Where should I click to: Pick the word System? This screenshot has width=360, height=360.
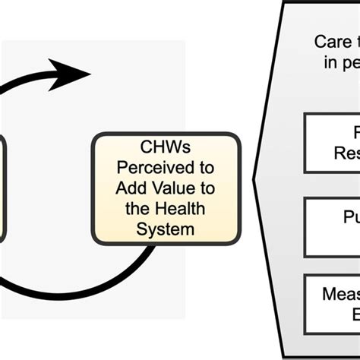166,227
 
